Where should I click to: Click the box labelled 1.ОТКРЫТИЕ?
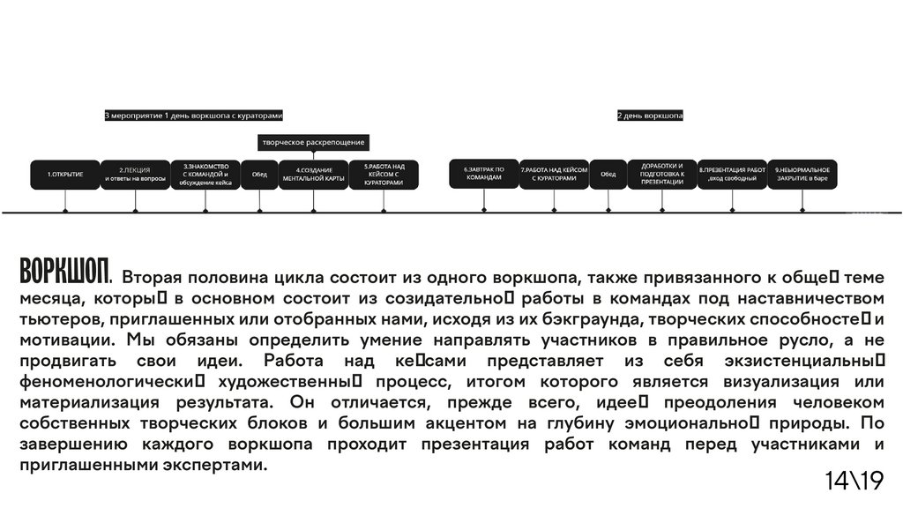click(65, 174)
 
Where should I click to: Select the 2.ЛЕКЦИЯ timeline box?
click(135, 174)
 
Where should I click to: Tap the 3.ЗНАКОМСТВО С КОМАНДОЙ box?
click(205, 174)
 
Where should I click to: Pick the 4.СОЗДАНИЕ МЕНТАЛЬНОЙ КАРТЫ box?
click(313, 174)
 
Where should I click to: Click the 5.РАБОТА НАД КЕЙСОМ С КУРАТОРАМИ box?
click(384, 174)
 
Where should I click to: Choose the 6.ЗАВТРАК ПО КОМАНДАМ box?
click(484, 173)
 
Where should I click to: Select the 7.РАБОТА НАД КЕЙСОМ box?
click(554, 174)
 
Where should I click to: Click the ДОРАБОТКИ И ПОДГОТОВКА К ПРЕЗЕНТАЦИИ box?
click(662, 173)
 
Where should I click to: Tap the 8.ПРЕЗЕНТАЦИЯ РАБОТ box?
click(732, 174)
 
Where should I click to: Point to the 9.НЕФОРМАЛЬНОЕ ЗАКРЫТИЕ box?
click(802, 174)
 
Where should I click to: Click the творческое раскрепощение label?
click(313, 142)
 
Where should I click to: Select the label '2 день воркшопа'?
click(650, 116)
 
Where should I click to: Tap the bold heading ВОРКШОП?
click(64, 270)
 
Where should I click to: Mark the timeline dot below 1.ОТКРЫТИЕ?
click(66, 210)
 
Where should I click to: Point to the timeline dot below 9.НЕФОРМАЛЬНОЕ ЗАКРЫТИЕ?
click(802, 210)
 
